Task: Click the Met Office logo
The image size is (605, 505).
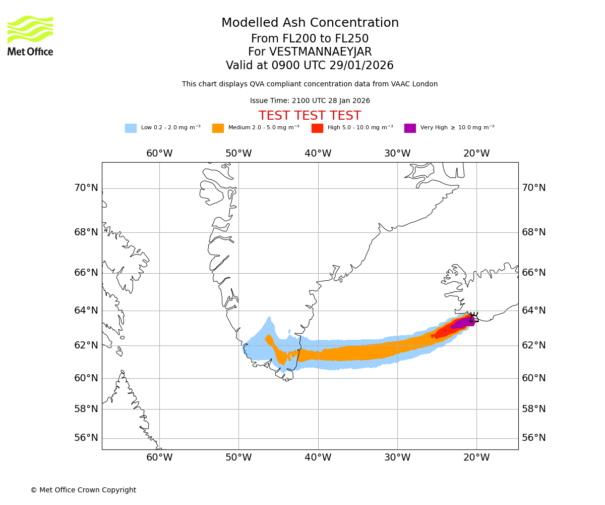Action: pyautogui.click(x=30, y=35)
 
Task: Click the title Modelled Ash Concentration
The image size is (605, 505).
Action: pyautogui.click(x=310, y=23)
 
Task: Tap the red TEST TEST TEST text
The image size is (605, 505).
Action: pyautogui.click(x=310, y=116)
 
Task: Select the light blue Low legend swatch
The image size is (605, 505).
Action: pyautogui.click(x=131, y=128)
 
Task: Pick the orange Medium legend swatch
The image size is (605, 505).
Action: pyautogui.click(x=218, y=128)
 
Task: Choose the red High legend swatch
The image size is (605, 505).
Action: pyautogui.click(x=317, y=128)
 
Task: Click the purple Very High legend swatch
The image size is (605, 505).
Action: pyautogui.click(x=410, y=128)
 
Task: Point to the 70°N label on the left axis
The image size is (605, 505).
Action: pyautogui.click(x=86, y=188)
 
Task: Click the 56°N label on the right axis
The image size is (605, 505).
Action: pyautogui.click(x=534, y=438)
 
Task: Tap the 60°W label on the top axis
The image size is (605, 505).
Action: pyautogui.click(x=159, y=154)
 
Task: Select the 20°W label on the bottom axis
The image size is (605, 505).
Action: pyautogui.click(x=476, y=458)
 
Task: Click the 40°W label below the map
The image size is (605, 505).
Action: pyautogui.click(x=318, y=458)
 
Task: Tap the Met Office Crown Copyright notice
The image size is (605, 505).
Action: pyautogui.click(x=83, y=490)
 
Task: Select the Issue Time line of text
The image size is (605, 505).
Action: pyautogui.click(x=310, y=101)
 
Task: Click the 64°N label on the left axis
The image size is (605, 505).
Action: pyautogui.click(x=86, y=311)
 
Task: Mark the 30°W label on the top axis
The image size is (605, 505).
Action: pyautogui.click(x=397, y=154)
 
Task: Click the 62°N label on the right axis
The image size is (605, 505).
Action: pyautogui.click(x=534, y=345)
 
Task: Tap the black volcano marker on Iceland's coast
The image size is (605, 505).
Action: pyautogui.click(x=473, y=317)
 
